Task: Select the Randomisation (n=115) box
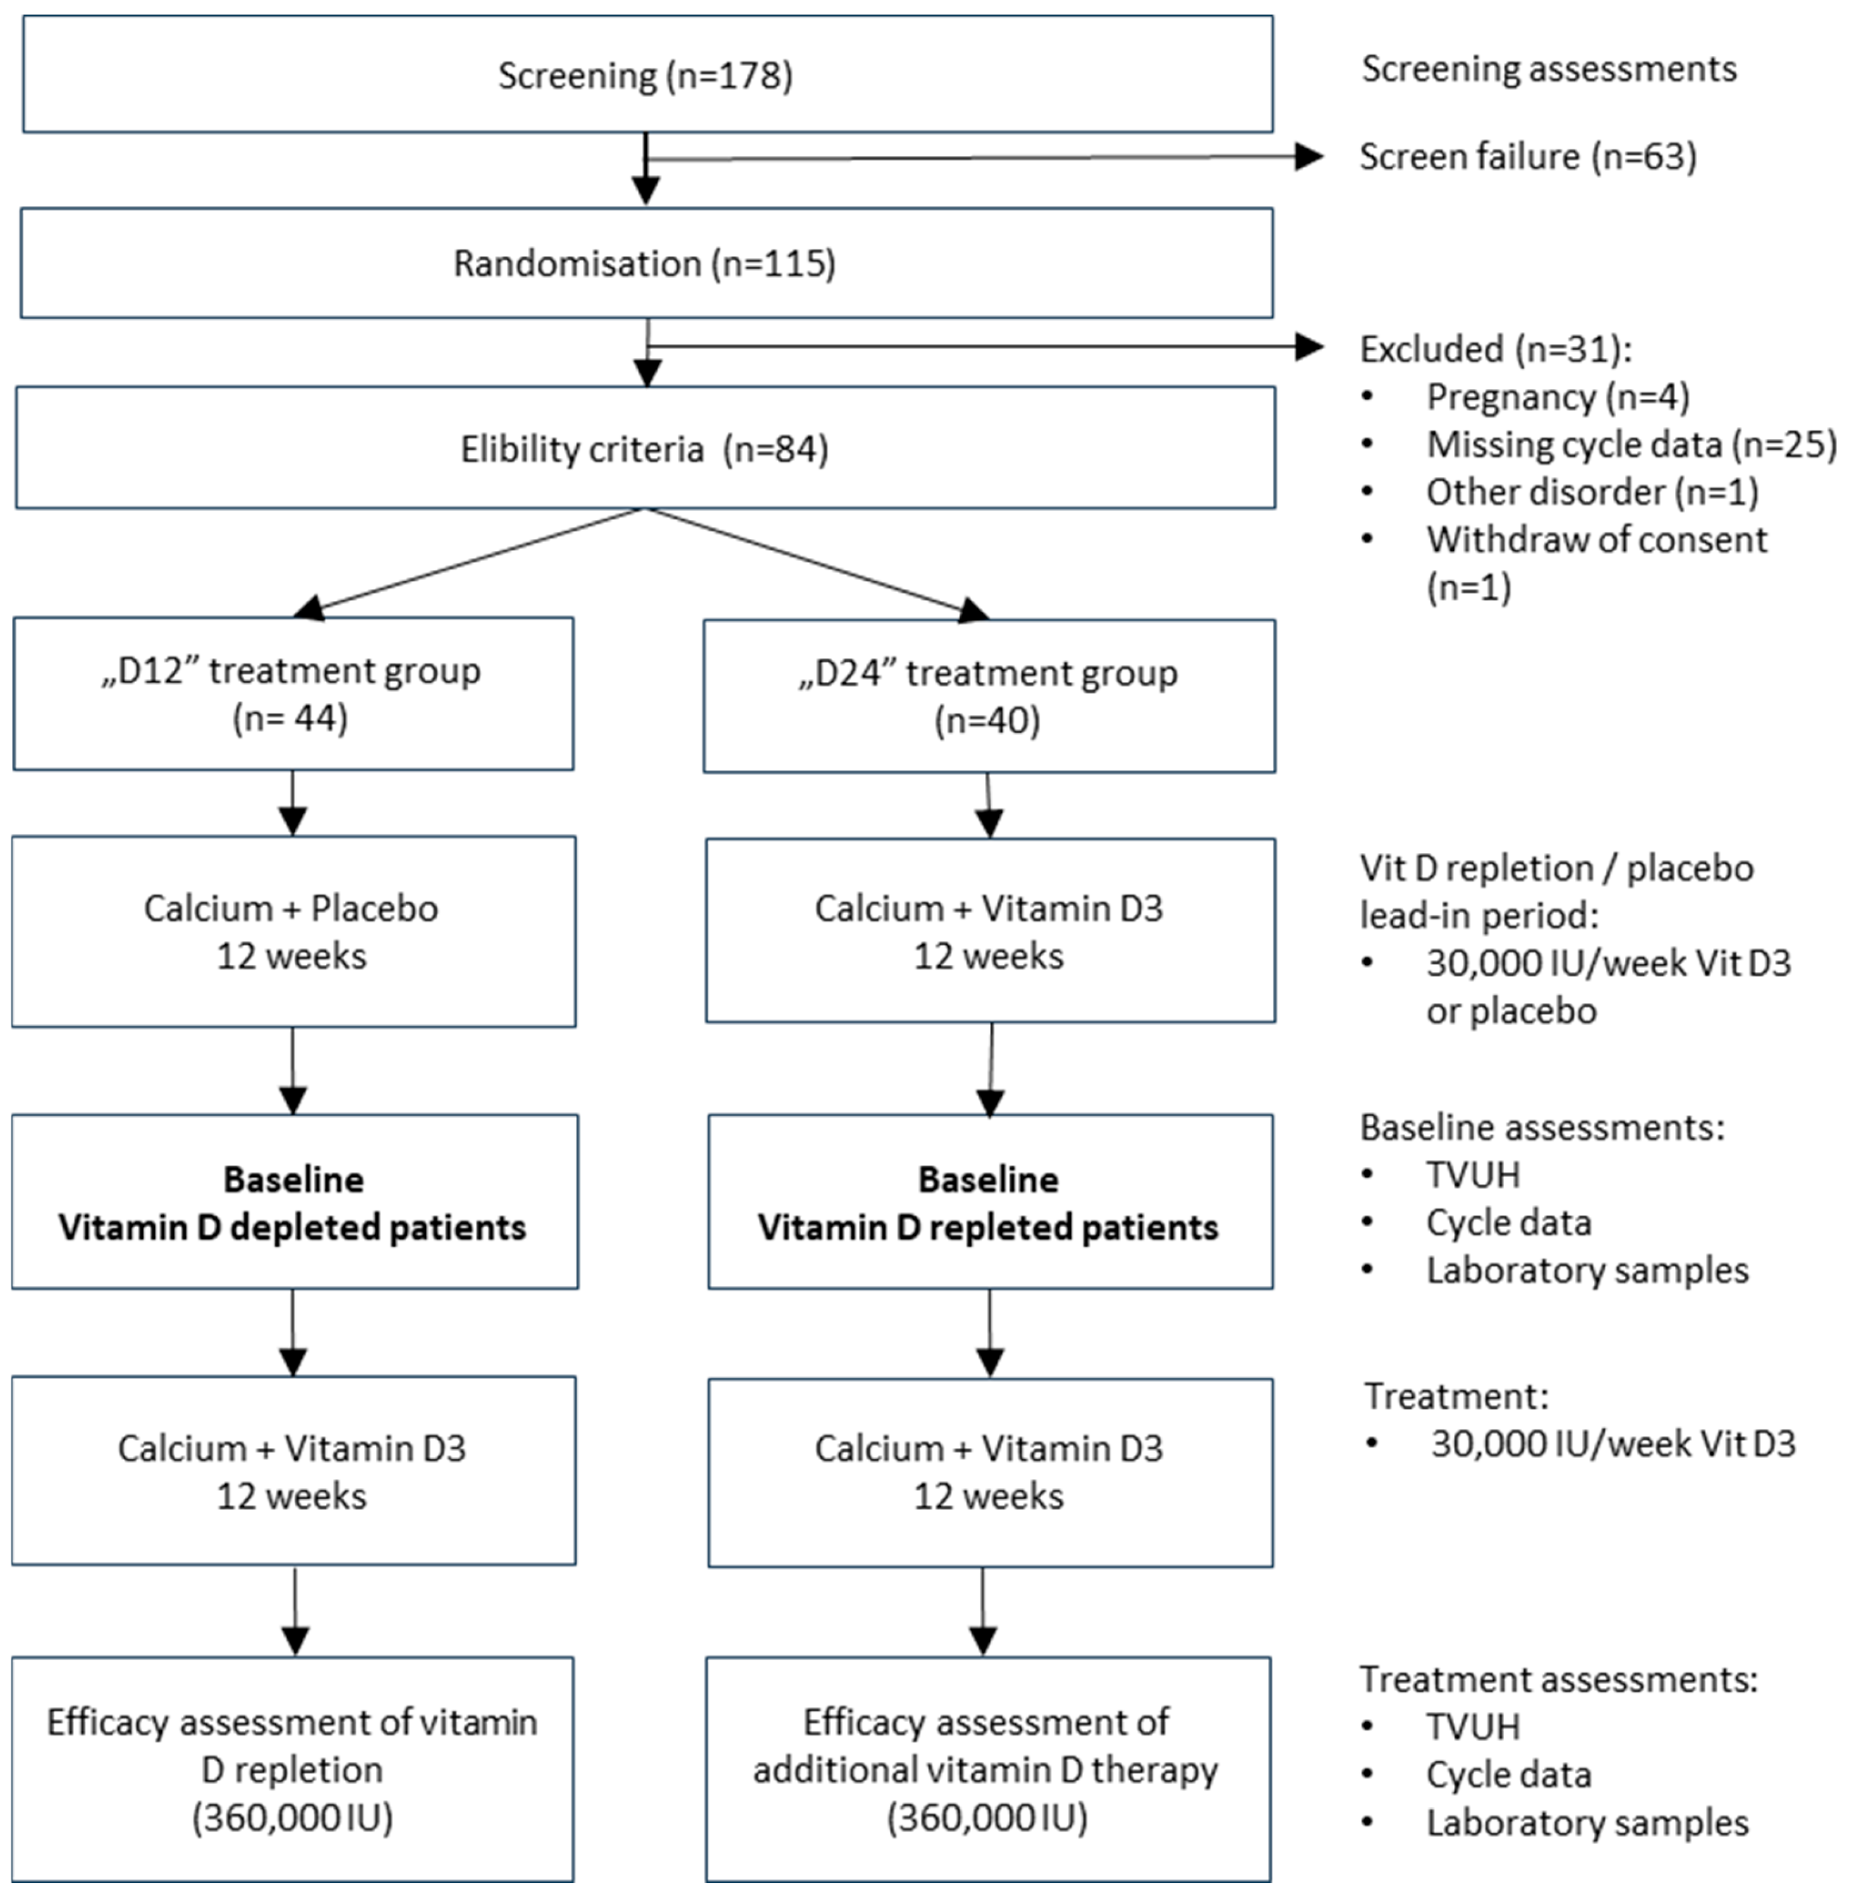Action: point(647,263)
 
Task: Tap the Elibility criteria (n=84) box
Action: point(645,448)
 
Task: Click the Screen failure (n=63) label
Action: point(1527,157)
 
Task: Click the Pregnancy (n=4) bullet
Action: point(1557,398)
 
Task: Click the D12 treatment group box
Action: point(292,693)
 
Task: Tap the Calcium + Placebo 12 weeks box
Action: point(292,931)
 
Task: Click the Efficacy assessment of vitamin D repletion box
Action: point(292,1768)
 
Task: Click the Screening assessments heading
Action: point(1548,69)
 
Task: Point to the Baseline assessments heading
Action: point(1542,1127)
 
